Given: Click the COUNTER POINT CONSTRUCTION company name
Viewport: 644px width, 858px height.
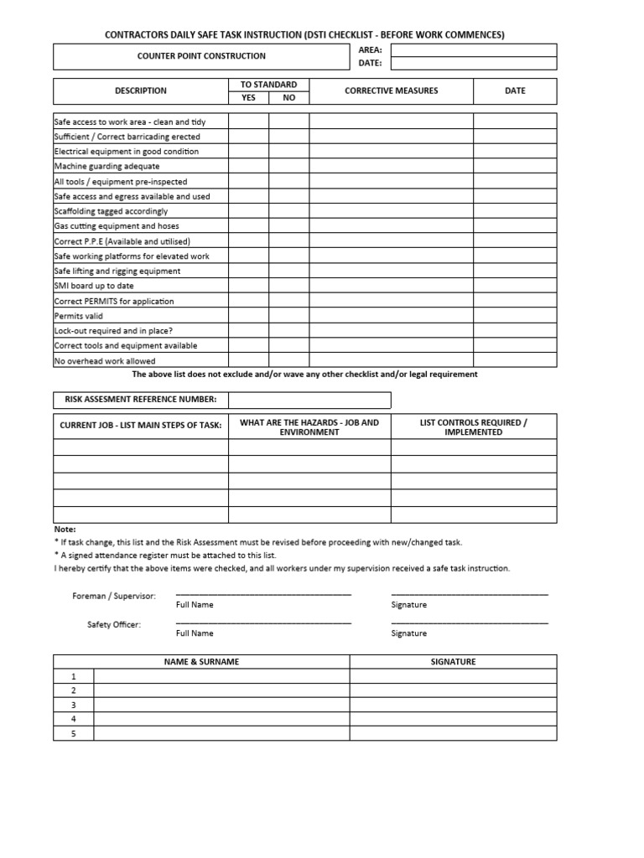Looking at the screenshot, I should click(x=201, y=56).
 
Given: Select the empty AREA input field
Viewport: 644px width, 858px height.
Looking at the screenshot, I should click(x=473, y=49).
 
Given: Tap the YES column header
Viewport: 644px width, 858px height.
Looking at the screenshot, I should click(x=248, y=97).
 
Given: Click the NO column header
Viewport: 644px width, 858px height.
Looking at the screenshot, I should click(x=288, y=97).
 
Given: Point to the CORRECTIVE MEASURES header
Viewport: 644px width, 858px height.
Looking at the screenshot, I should click(x=391, y=90).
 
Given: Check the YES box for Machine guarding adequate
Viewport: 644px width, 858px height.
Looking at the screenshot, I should click(x=248, y=166).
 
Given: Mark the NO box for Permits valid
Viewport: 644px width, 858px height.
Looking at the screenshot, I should click(x=288, y=316).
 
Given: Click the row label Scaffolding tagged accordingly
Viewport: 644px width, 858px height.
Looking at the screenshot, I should click(x=111, y=211).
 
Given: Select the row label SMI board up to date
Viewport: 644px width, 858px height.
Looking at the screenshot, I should click(x=93, y=286).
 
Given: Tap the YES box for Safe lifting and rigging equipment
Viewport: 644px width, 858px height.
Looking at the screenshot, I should click(x=248, y=271).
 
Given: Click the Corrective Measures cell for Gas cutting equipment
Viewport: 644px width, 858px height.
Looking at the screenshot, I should click(x=391, y=226).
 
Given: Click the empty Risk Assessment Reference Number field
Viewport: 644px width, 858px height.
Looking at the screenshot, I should click(x=309, y=400).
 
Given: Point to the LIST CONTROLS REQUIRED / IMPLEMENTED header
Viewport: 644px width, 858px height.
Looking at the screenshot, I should click(x=473, y=427).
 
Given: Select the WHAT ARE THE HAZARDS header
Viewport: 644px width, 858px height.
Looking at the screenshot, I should click(x=309, y=427).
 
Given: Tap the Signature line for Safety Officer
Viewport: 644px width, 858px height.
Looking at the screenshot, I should click(x=469, y=623).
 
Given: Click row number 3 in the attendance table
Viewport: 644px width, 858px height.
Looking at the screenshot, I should click(x=74, y=705).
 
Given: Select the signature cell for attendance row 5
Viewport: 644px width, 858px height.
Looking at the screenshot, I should click(x=453, y=733).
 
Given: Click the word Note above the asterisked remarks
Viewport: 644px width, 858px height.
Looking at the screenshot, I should click(x=65, y=530).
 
